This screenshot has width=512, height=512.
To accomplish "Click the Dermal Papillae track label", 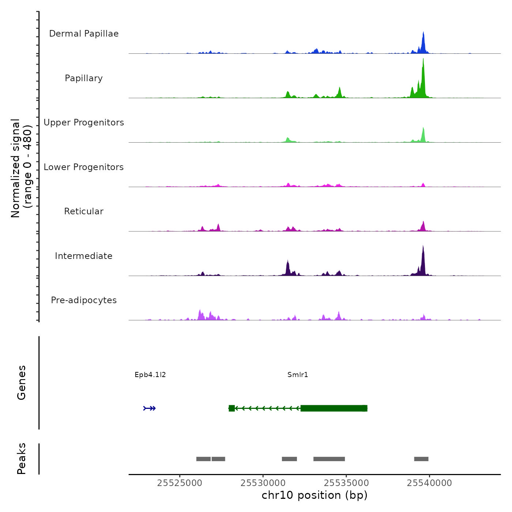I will [x=84, y=34].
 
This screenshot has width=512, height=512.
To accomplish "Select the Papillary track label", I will [x=84, y=78].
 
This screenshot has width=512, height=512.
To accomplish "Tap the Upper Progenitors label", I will [x=84, y=123].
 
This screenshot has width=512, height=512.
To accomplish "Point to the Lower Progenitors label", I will [x=84, y=167].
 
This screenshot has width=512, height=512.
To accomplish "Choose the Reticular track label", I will [x=84, y=211].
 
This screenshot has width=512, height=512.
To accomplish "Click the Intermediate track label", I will [x=84, y=256].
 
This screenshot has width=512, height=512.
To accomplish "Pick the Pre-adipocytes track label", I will [x=84, y=300].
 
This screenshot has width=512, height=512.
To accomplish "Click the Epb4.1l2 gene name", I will [x=150, y=375].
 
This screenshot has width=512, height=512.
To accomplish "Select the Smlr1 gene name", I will [x=298, y=375].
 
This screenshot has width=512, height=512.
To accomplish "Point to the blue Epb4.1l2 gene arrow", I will [x=150, y=408].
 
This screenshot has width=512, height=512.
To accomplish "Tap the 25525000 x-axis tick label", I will [x=180, y=483].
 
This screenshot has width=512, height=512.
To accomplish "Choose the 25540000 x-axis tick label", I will [x=429, y=483].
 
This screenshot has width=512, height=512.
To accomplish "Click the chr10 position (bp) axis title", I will [x=315, y=495].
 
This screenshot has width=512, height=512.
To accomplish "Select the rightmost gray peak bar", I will [x=421, y=459].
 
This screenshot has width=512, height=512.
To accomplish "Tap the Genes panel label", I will [x=22, y=383].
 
